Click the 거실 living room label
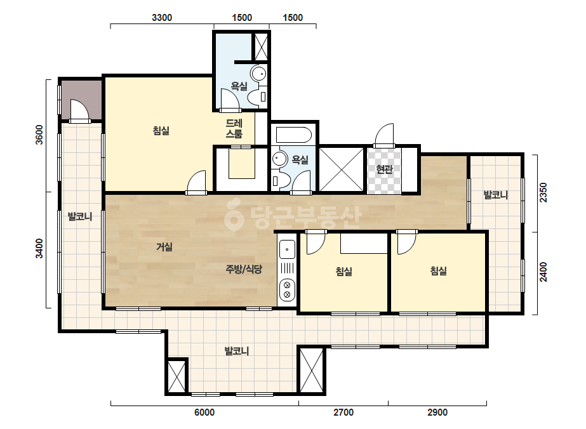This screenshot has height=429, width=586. tap(164, 247)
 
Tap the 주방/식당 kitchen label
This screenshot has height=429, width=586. tap(244, 269)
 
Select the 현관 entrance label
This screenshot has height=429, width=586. tap(384, 169)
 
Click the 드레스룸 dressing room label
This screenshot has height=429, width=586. tap(234, 128)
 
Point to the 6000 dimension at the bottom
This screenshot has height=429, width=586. tap(204, 412)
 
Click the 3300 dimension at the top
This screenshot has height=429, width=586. tap(162, 18)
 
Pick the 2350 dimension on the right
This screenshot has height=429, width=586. tap(543, 192)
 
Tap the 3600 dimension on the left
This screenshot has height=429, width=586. tap(39, 135)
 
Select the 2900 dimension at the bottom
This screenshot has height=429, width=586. tap(437, 412)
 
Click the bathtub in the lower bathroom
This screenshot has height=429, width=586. tap(294, 135)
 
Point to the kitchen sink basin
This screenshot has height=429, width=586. tap(287, 249)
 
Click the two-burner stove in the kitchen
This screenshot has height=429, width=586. tap(287, 290)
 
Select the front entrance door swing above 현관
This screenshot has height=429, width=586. tap(384, 135)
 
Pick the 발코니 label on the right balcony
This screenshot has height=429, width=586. tap(496, 195)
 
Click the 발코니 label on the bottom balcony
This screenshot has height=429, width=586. tap(237, 351)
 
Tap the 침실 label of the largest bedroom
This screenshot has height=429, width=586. tap(161, 131)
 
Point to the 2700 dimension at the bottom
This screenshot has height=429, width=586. tap(343, 412)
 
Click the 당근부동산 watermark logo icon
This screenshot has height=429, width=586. tap(234, 214)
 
